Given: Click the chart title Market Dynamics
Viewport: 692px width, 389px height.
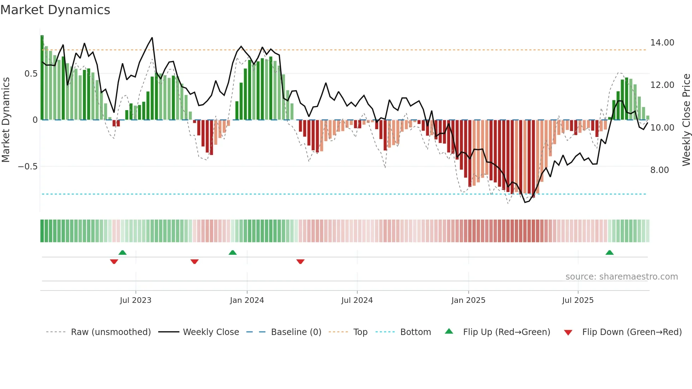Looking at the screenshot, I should tap(55, 10).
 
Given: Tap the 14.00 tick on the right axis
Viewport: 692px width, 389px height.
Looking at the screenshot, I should tap(662, 43).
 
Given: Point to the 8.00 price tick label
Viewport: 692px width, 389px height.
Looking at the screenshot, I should tap(659, 170).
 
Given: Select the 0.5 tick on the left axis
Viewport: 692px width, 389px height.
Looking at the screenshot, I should tap(31, 74).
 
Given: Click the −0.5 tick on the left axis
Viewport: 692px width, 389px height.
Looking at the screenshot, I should tap(28, 167).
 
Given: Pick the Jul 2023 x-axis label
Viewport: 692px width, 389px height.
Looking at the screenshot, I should tap(135, 300).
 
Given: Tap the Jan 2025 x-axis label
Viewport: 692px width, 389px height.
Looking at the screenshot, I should tap(468, 300).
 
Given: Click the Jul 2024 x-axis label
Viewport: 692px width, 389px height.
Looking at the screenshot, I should tap(357, 300).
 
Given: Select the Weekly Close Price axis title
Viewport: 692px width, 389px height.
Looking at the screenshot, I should tap(686, 120).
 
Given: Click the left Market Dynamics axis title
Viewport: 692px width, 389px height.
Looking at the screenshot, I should tap(6, 120).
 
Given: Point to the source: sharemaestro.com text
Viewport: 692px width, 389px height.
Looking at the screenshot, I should tap(621, 277).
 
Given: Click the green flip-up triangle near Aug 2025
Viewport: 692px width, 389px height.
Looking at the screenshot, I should tap(609, 253).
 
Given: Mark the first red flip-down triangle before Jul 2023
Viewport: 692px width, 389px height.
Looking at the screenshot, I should tap(114, 262).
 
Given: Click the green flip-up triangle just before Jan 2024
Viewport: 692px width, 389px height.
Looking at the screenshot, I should tap(232, 253).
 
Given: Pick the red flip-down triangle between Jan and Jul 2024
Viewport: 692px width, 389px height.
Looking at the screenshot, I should tap(300, 262).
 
